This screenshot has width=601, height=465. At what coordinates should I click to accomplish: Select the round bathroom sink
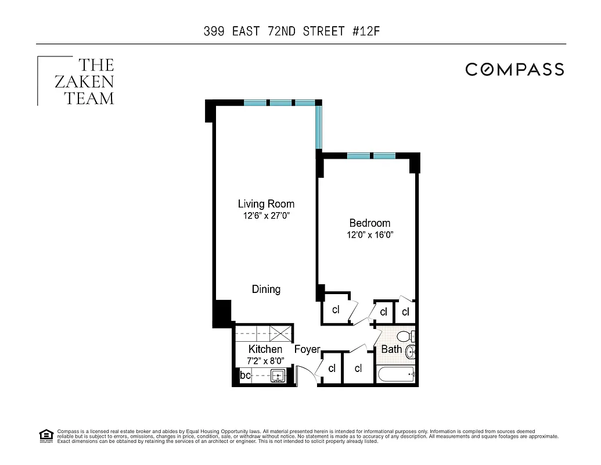[x=411, y=352]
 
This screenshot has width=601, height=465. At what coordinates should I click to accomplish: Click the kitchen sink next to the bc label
[x=278, y=376]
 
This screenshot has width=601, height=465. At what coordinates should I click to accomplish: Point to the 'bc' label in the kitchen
[x=245, y=376]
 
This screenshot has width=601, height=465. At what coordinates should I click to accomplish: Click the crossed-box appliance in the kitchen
[x=283, y=333]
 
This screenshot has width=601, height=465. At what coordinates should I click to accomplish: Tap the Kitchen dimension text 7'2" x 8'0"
[x=265, y=360]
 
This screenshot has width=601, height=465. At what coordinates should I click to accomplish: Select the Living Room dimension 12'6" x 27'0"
[x=266, y=216]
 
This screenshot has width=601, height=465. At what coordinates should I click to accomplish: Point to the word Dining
[x=266, y=289]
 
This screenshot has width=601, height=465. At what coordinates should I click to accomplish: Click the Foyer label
[x=307, y=349]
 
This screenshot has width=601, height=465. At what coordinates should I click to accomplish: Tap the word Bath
[x=391, y=349]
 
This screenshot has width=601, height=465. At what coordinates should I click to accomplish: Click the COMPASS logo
[x=514, y=70]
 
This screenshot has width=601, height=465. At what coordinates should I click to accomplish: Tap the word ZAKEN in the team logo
[x=84, y=82]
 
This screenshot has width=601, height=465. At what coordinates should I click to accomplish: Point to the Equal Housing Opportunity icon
[x=45, y=435]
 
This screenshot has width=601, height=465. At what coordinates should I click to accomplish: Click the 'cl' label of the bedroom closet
[x=336, y=310]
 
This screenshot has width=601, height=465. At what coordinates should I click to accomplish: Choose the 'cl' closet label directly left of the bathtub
[x=358, y=369]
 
